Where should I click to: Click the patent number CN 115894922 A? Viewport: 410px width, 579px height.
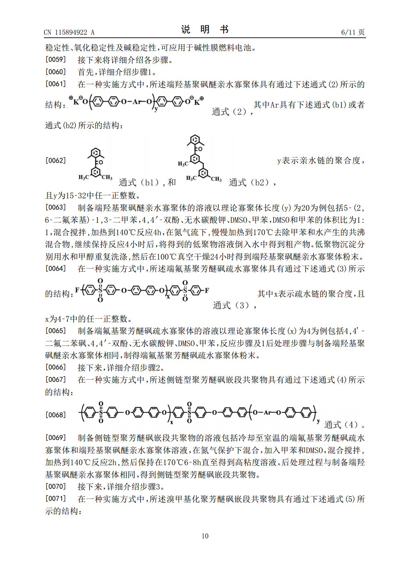pos(69,32)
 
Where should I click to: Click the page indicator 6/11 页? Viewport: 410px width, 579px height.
pos(353,32)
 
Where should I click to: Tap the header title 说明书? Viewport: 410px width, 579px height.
pos(205,30)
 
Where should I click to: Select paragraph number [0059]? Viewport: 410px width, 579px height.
pos(55,59)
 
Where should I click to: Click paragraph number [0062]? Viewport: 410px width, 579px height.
pos(55,160)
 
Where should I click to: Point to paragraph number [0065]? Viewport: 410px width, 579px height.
pos(55,331)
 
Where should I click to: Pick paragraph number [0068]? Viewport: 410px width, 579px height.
pos(55,415)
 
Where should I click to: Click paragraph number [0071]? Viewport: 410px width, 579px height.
pos(55,499)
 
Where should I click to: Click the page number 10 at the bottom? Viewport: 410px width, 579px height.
pos(205,536)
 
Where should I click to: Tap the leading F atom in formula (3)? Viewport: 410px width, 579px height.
pos(77,291)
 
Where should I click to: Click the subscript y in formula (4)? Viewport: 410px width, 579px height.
pos(318,421)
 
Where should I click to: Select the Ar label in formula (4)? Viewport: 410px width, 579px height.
pos(267,412)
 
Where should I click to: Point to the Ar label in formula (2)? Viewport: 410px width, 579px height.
pos(137,101)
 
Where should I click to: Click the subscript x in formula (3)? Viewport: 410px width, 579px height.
pos(168,296)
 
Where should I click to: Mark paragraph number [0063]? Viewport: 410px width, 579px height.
pos(55,207)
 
